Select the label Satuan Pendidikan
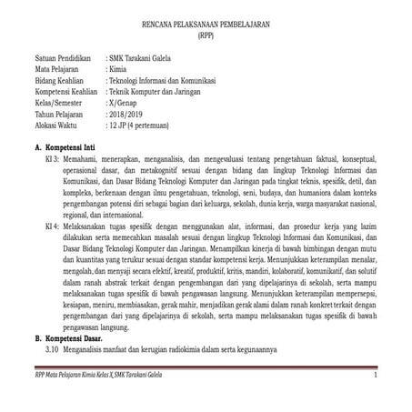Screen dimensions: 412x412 click(63, 56)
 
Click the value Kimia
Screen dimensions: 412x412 click(118, 68)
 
